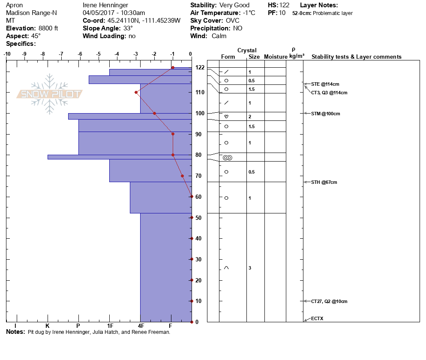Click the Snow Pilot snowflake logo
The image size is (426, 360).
pyautogui.click(x=50, y=94)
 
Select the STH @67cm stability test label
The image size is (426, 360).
pyautogui.click(x=324, y=182)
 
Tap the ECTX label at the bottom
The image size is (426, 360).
pyautogui.click(x=318, y=318)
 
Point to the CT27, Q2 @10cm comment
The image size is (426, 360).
pyautogui.click(x=329, y=301)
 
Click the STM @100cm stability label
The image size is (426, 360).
pyautogui.click(x=325, y=114)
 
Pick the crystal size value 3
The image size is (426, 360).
pyautogui.click(x=250, y=268)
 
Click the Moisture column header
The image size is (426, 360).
pyautogui.click(x=275, y=57)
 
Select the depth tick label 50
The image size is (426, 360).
pyautogui.click(x=199, y=218)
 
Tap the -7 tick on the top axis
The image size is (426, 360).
pyautogui.click(x=61, y=54)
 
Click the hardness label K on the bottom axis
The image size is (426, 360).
pyautogui.click(x=48, y=326)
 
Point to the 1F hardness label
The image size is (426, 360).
pyautogui.click(x=110, y=326)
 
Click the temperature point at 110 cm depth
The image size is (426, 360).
pyautogui.click(x=136, y=92)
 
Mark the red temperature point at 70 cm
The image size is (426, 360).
pyautogui.click(x=182, y=176)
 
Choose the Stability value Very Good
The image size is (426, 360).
pyautogui.click(x=234, y=5)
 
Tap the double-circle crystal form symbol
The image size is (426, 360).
pyautogui.click(x=228, y=158)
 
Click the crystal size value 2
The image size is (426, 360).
pyautogui.click(x=250, y=117)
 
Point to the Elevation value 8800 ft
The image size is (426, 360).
pyautogui.click(x=45, y=28)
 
